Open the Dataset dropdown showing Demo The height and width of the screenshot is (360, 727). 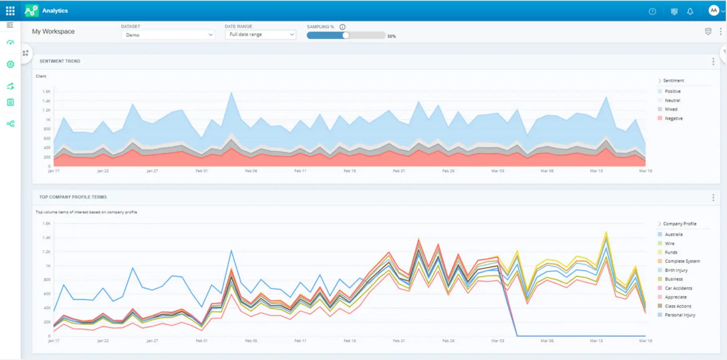point(168,35)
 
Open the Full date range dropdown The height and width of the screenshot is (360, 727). point(260,35)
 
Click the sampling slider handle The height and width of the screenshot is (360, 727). point(346,35)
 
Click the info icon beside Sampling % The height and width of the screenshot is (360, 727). point(342,27)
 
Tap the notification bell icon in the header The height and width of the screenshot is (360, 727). point(690,12)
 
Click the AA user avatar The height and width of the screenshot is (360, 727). point(713,11)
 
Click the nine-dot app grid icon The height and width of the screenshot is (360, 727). point(10,11)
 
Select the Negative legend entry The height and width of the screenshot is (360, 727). point(674,119)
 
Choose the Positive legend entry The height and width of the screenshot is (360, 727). point(673,91)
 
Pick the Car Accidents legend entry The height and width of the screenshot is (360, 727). point(678,288)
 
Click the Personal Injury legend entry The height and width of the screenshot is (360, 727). point(680,315)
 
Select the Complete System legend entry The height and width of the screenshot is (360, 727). point(682,261)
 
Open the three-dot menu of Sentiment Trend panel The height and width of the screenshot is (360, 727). point(713,61)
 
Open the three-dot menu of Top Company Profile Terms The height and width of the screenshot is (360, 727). point(713,198)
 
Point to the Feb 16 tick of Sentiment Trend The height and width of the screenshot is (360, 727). point(350,171)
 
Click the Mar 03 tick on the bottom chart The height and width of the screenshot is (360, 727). point(498,341)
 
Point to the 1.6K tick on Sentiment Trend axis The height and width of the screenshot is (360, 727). point(46,91)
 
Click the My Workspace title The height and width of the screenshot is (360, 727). point(53,32)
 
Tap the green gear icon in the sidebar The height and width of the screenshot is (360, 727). point(10,64)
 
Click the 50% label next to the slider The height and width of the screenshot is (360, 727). point(391,36)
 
